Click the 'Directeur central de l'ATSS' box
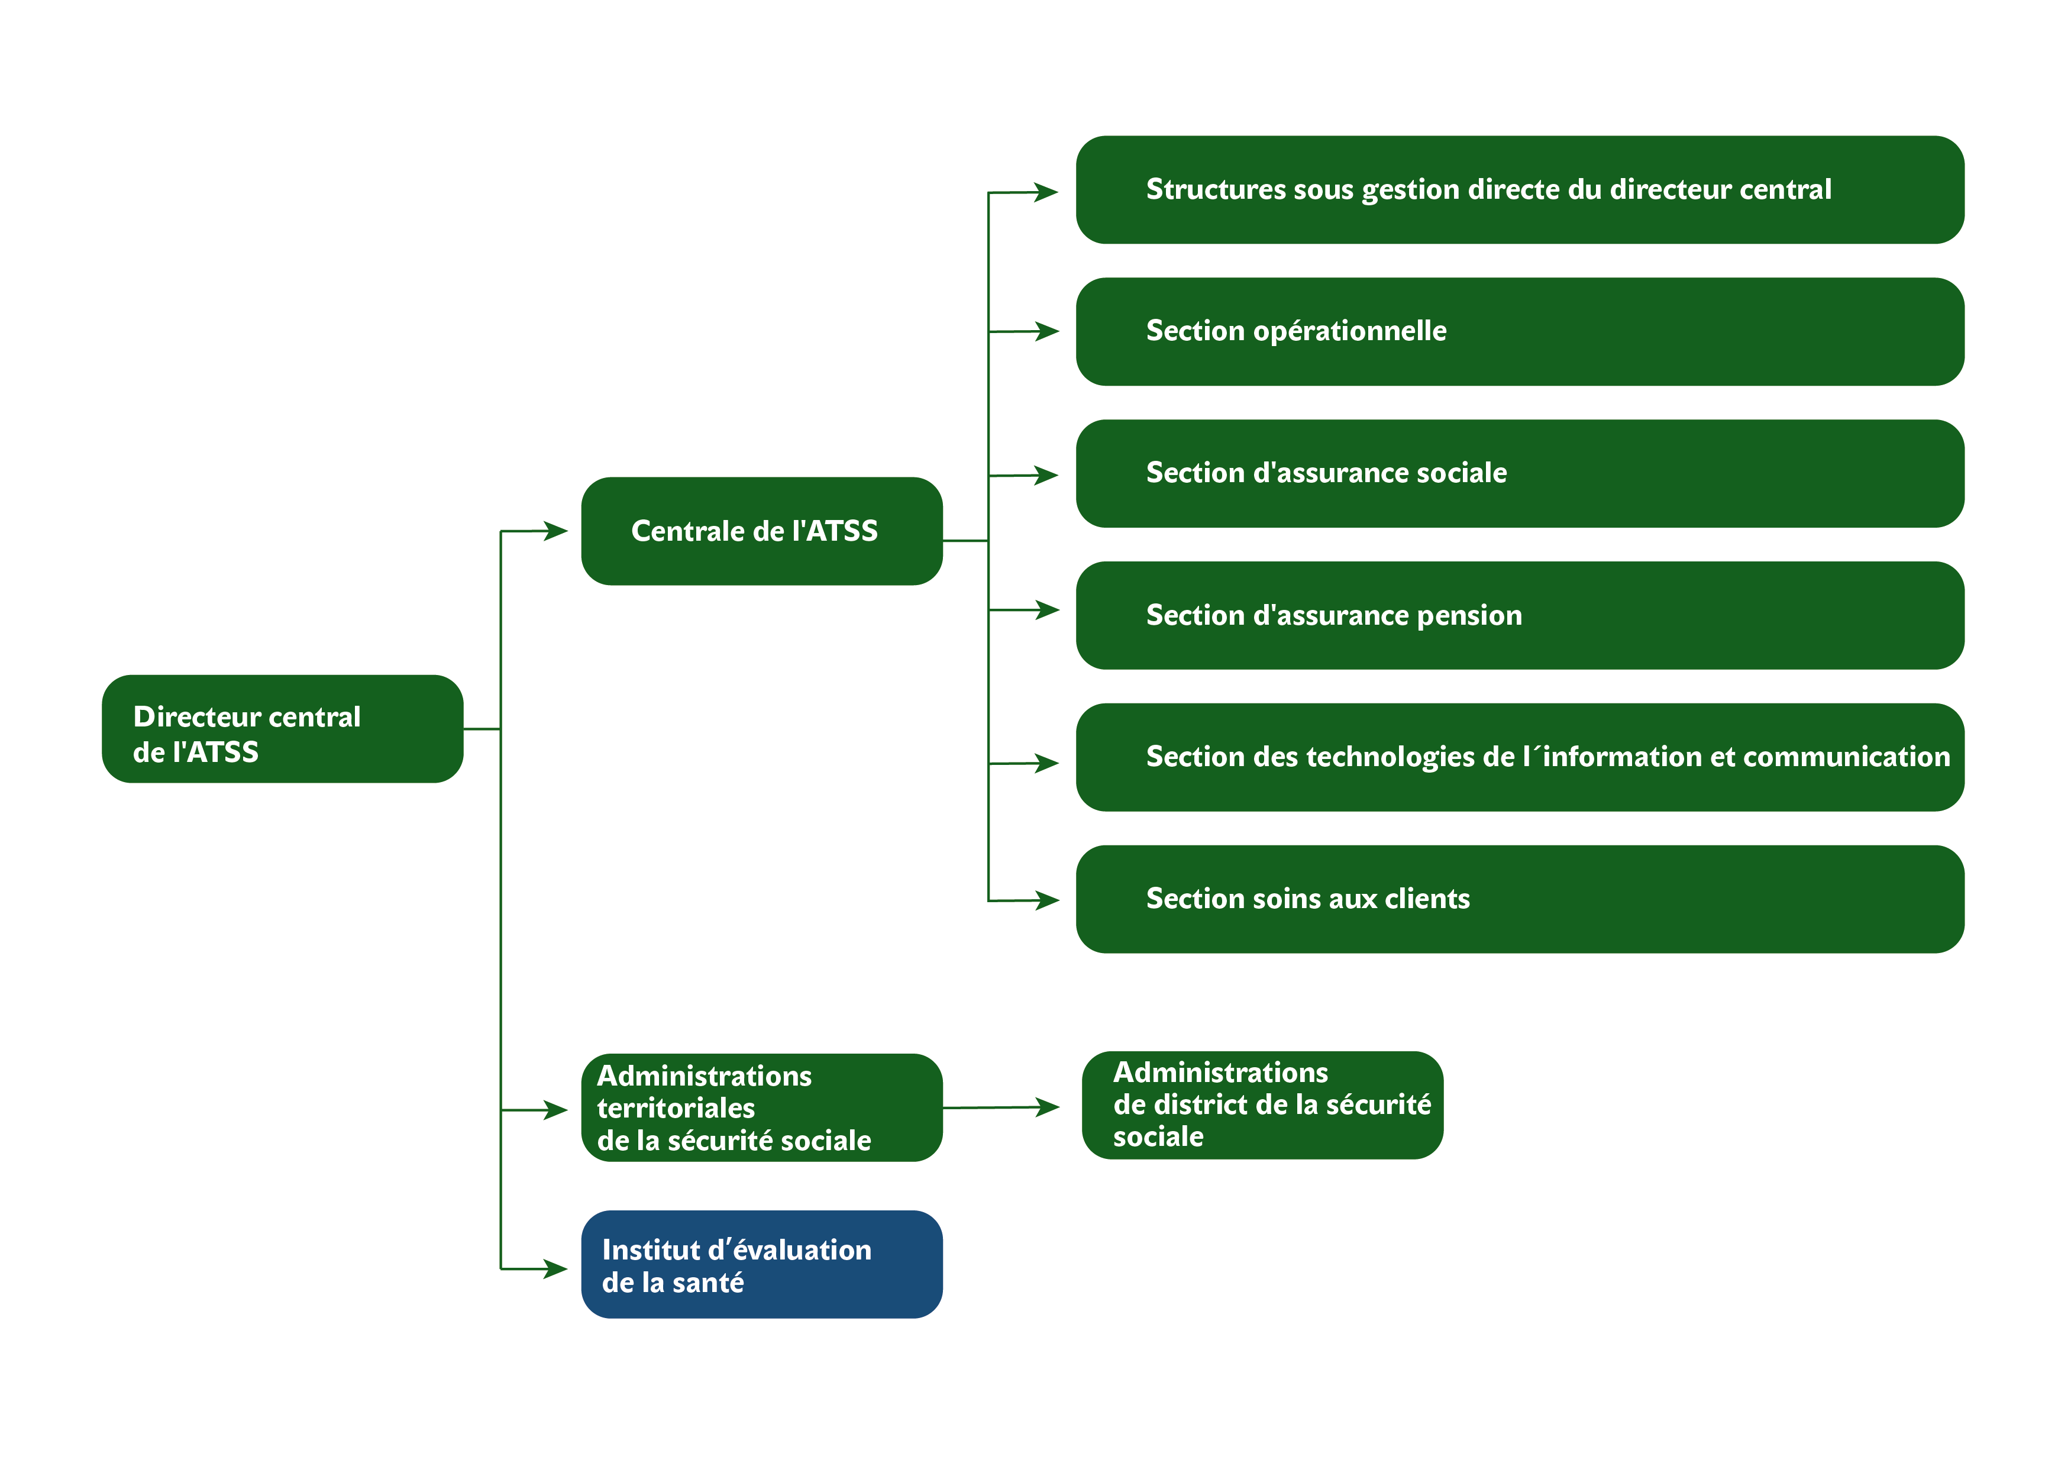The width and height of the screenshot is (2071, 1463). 282,729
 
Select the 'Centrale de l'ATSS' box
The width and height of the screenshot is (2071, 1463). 762,531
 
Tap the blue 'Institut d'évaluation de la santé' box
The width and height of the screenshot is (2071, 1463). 762,1265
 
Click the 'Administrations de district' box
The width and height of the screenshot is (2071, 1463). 1263,1105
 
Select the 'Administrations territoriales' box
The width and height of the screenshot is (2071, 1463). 762,1107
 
